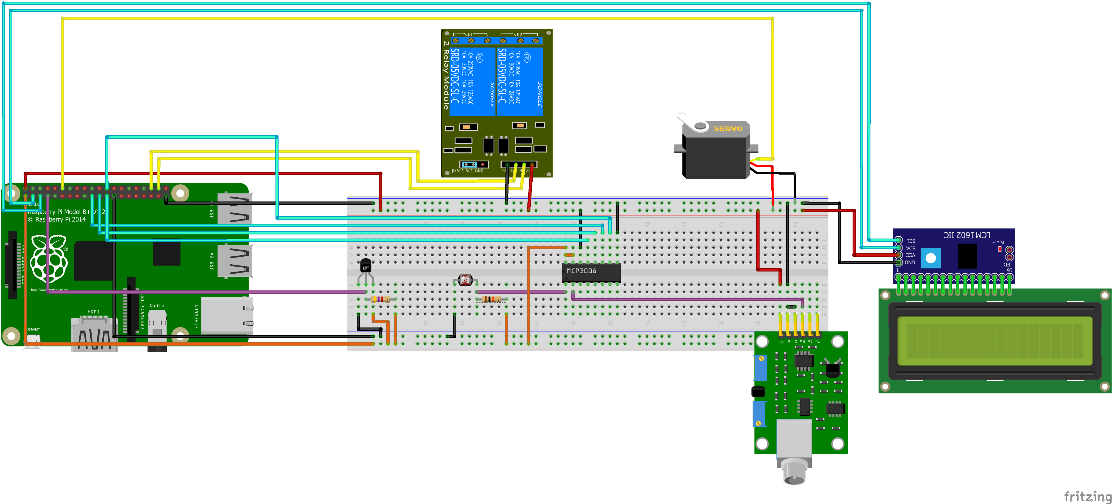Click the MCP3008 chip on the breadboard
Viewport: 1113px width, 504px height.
(x=591, y=272)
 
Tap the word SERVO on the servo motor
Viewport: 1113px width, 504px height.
(x=728, y=128)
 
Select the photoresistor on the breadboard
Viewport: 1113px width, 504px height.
(x=465, y=280)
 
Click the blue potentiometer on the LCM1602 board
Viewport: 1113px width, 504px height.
(x=931, y=258)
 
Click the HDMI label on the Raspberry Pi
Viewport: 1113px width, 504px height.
(x=93, y=311)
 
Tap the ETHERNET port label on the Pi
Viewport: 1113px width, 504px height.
(x=196, y=316)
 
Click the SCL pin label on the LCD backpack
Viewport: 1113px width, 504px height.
(x=911, y=241)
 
